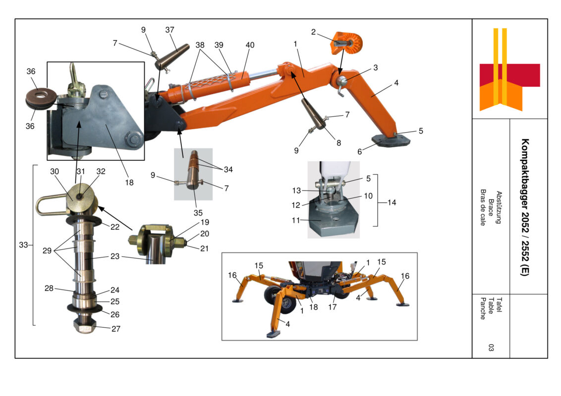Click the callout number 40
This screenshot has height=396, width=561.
pos(250,45)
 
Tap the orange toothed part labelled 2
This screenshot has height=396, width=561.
pos(348,43)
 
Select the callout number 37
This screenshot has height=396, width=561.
pos(169,30)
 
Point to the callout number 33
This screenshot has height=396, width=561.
pos(23,245)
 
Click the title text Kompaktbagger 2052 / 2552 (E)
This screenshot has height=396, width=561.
pos(525,207)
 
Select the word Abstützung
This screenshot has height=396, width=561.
pos(499,207)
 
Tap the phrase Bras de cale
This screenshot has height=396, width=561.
pos(483,207)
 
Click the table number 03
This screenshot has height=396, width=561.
pos(491,347)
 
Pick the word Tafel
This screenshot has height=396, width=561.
pos(499,305)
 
